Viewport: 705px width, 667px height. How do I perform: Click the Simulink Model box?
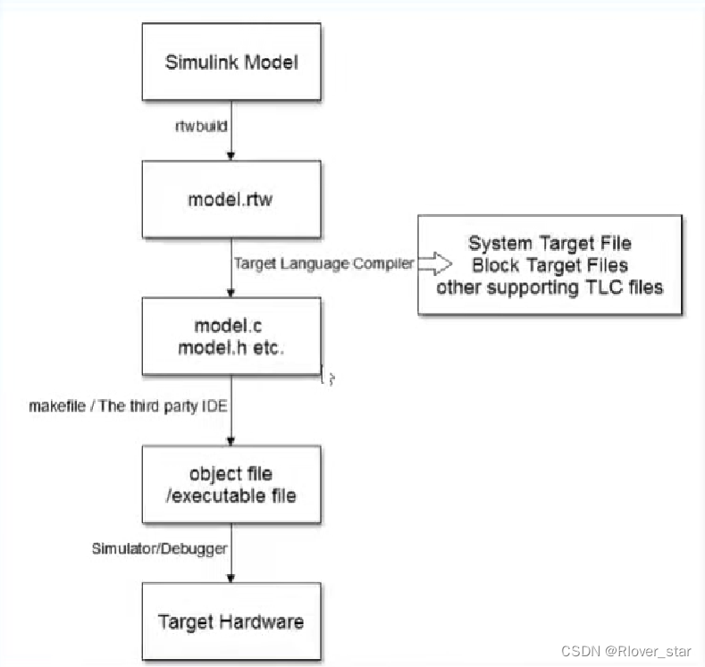coord(231,63)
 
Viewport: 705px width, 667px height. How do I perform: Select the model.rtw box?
coord(231,198)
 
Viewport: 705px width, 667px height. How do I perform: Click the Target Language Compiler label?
coord(323,263)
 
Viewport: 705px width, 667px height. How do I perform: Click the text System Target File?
coord(549,244)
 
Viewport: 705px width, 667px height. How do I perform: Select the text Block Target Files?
coord(550,265)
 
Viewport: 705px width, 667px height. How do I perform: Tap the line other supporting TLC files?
coord(550,288)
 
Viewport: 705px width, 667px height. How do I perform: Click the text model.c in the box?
coord(231,327)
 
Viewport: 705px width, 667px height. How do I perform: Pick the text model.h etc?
coord(231,349)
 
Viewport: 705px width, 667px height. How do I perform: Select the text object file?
coord(231,473)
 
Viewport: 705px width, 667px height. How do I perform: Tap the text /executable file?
coord(231,495)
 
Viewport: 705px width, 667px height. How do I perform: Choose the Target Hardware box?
coord(231,621)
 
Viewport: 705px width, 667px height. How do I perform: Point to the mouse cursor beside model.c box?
coord(330,379)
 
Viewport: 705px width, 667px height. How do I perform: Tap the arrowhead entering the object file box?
coord(232,440)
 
